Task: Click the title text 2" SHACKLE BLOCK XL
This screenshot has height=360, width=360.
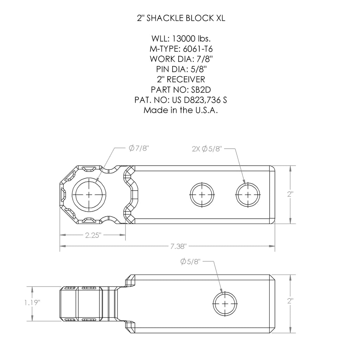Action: point(180,19)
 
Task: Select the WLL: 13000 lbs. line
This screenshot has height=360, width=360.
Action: point(180,38)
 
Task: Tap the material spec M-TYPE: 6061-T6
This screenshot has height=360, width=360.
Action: point(180,49)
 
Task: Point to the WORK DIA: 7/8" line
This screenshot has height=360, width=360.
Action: point(180,59)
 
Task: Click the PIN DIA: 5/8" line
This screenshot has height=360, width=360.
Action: point(180,69)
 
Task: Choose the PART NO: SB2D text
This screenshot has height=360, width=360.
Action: point(180,90)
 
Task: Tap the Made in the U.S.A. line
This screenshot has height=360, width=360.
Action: point(180,110)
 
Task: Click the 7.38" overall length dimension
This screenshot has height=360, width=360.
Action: point(178,246)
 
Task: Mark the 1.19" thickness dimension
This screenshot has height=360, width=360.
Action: point(32,302)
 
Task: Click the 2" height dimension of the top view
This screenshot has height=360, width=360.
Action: point(290,194)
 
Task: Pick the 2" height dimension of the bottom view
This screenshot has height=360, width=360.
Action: point(290,301)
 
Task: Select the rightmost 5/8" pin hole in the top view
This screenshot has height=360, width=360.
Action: point(248,194)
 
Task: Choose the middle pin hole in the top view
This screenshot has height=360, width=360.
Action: point(202,194)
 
